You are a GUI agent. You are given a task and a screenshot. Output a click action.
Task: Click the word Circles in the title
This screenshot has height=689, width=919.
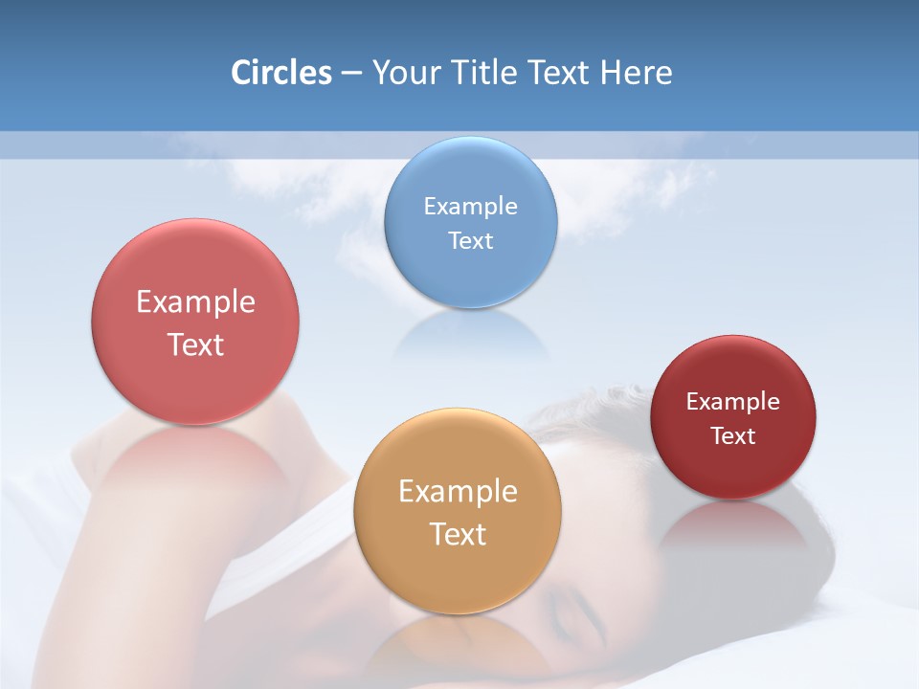tap(280, 73)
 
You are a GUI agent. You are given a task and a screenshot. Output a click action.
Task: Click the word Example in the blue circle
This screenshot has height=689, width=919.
tap(471, 206)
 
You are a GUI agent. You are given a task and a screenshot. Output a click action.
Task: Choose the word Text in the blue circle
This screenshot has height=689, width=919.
tap(471, 240)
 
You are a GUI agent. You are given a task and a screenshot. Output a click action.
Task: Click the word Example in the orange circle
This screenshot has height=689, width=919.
tap(458, 492)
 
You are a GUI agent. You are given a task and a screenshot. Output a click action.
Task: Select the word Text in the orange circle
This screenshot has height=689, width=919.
tap(458, 534)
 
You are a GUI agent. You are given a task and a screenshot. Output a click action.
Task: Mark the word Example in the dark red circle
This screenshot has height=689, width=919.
tap(733, 401)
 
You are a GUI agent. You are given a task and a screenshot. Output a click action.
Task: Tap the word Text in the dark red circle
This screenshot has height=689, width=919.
tap(733, 435)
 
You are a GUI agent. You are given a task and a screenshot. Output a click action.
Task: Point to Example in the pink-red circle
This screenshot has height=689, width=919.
tap(195, 302)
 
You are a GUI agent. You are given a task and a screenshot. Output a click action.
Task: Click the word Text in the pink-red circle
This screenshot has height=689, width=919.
tap(195, 344)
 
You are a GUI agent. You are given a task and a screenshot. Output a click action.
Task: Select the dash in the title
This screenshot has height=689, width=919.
tap(351, 74)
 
